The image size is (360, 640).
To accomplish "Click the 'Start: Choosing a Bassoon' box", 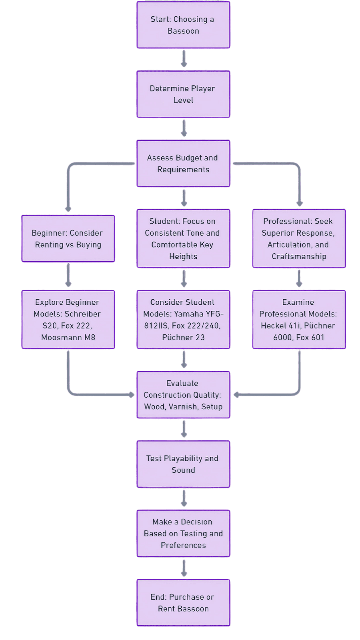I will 183,25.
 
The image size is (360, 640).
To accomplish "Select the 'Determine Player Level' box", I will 183,94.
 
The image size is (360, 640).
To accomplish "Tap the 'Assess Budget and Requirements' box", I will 183,164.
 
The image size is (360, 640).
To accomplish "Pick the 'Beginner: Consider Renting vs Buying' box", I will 68,239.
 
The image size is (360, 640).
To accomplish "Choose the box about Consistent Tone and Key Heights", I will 183,239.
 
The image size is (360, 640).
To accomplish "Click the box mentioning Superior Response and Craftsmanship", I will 299,239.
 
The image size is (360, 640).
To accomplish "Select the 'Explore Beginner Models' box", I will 68,320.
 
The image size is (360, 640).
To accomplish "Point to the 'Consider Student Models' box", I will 183,320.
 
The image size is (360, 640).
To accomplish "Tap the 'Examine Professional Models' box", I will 299,320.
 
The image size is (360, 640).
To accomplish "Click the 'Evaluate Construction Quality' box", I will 183,395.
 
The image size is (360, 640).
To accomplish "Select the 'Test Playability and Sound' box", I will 183,464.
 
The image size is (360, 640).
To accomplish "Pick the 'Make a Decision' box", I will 183,533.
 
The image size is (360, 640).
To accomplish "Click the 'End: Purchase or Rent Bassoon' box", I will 183,603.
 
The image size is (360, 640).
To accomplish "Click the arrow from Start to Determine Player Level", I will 184,59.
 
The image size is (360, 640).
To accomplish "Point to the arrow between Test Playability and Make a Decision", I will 184,498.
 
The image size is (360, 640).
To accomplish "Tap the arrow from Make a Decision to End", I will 184,568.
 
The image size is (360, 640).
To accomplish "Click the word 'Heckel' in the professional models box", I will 274,326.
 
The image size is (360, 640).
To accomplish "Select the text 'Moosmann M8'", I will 68,337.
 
